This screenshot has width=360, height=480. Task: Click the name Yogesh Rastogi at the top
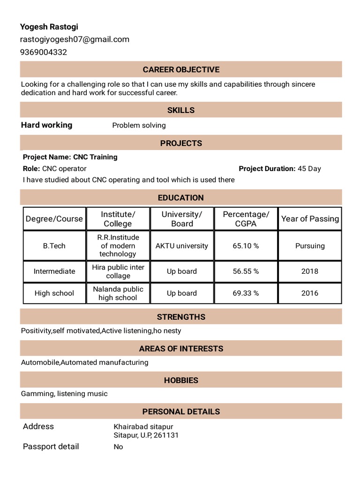point(49,27)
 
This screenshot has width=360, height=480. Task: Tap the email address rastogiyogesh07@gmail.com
point(75,39)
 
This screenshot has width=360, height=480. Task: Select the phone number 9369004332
point(44,52)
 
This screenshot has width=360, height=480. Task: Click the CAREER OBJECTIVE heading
point(181,69)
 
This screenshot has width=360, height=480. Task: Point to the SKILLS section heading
point(181,110)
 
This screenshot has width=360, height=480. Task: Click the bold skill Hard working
point(47,125)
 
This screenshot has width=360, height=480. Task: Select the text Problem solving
point(139,125)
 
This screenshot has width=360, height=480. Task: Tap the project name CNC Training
point(95,157)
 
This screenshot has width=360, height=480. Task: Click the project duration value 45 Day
point(309,169)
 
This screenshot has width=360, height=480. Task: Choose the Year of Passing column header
point(310,219)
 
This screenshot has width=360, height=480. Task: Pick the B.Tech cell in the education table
point(54,246)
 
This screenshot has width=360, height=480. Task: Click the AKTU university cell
point(182,246)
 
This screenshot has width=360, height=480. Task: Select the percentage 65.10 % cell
point(246,246)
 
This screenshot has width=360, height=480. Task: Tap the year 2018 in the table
point(310,271)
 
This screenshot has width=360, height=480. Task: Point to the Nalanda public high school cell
point(118,293)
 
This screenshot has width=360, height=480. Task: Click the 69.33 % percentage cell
point(246,293)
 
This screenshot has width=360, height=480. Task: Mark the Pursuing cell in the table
point(310,246)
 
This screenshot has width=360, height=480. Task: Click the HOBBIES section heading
point(181,380)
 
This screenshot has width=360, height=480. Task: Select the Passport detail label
point(51,447)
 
